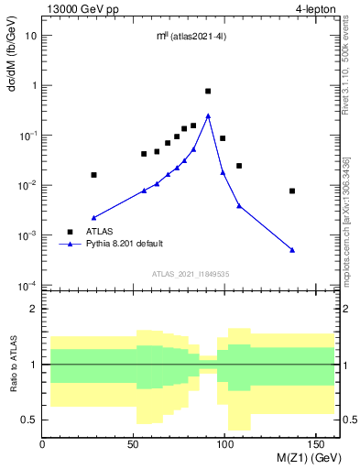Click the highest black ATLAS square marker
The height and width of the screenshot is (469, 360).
click(x=208, y=92)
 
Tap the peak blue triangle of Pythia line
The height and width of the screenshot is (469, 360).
click(x=208, y=115)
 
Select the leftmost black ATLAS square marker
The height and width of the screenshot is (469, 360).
click(x=93, y=174)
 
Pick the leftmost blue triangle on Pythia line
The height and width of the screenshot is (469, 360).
click(x=93, y=218)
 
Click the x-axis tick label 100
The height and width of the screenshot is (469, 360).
click(x=226, y=443)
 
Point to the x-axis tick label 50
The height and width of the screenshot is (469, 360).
click(x=134, y=443)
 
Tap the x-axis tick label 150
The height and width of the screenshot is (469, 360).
click(x=318, y=443)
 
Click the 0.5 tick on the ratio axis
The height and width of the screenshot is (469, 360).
click(x=29, y=420)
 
